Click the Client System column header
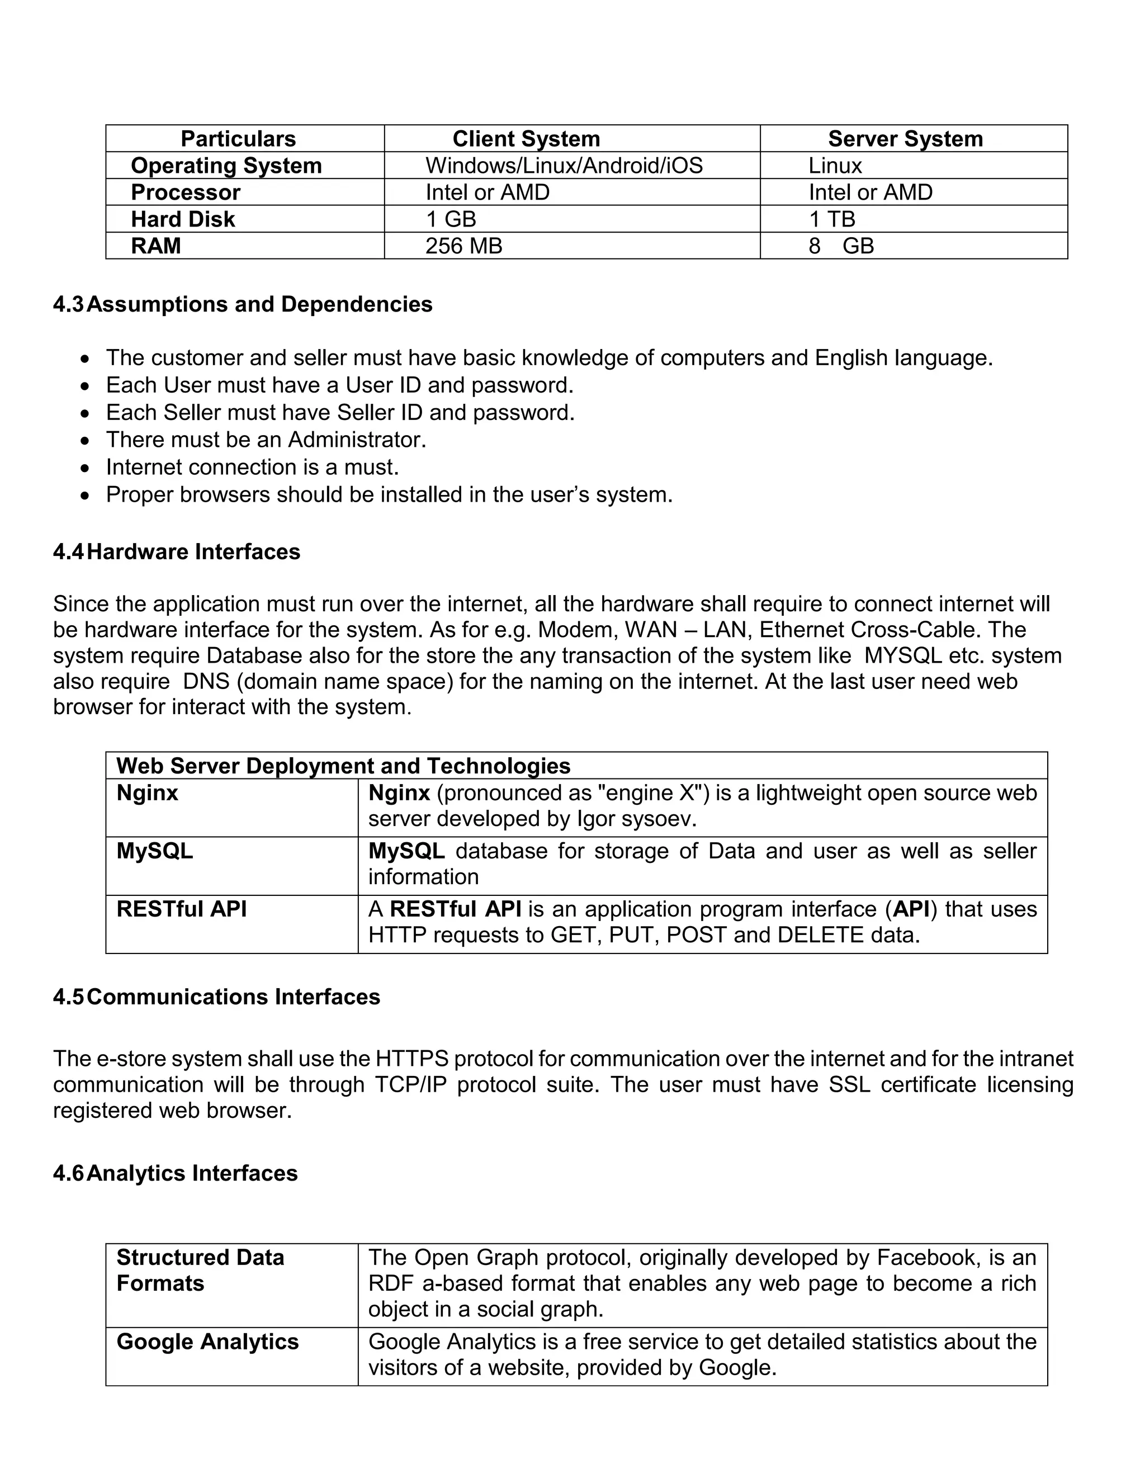coord(526,139)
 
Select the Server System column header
coord(905,139)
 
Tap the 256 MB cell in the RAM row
coord(463,246)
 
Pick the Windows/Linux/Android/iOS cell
coord(564,166)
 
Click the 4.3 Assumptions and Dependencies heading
coord(243,304)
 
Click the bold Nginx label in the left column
coord(147,792)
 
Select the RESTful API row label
coord(181,909)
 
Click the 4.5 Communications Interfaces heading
coord(216,997)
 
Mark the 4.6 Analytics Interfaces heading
coord(175,1173)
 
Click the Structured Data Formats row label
coord(200,1270)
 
